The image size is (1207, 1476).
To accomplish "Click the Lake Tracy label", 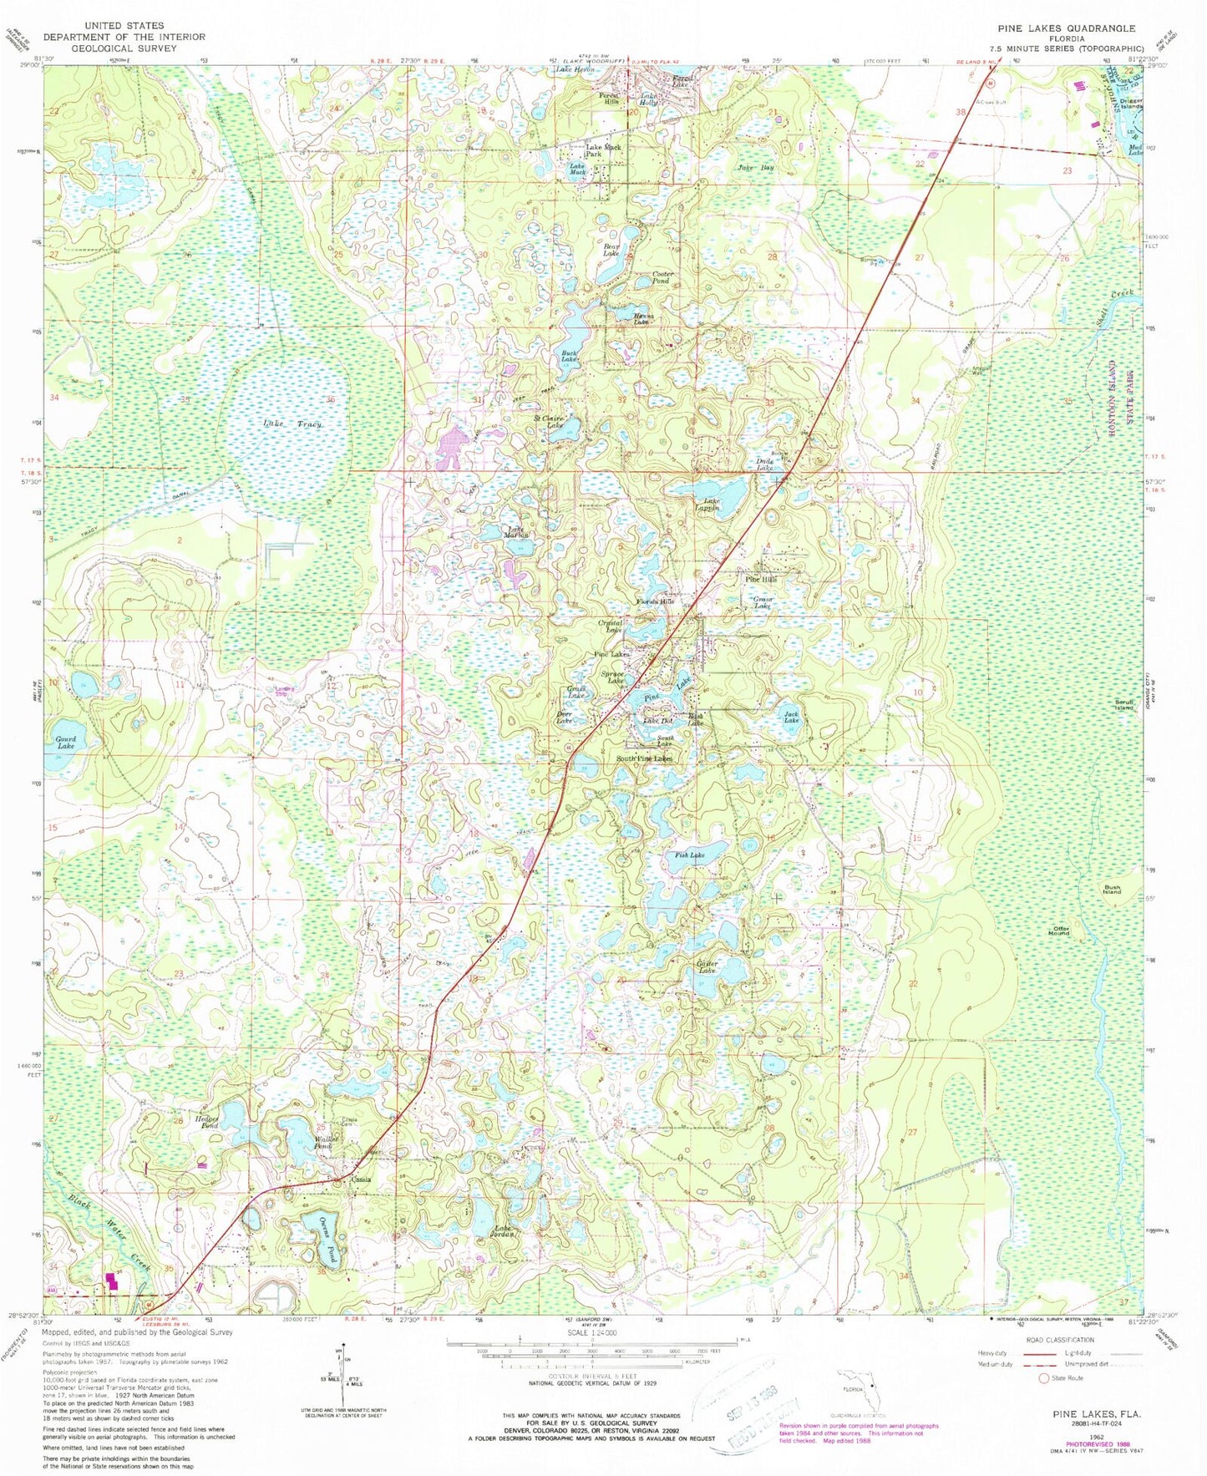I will coord(292,424).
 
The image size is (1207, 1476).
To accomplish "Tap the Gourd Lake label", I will coord(65,742).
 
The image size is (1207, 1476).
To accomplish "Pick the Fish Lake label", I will coord(690,855).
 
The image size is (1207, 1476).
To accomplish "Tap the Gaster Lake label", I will coord(707,967).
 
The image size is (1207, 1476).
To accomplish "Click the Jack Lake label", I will coord(791,717).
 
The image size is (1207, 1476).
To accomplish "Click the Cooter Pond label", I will coord(662,277).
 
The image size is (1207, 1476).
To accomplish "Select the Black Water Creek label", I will coord(109,1230).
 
